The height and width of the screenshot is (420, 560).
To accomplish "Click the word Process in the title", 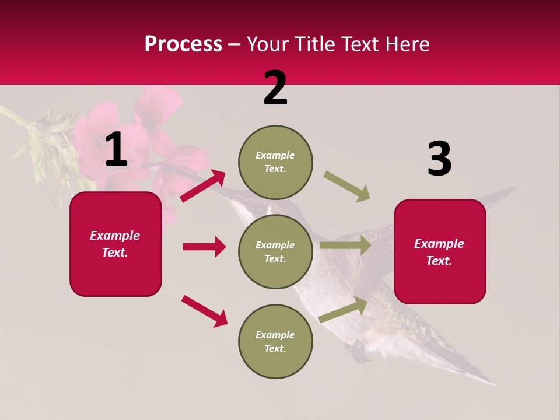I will click(183, 44).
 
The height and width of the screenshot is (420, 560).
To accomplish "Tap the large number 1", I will click(116, 150).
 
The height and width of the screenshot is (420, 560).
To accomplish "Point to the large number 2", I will click(275, 88).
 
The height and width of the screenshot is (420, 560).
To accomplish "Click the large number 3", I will click(439, 159).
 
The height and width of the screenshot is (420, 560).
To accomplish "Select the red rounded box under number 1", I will click(116, 244).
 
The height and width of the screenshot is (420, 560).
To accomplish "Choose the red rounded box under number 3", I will click(440, 252).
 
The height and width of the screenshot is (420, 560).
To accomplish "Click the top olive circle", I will click(275, 162).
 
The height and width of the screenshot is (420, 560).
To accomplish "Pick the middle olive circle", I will click(275, 251).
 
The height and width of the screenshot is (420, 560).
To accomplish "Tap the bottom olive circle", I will click(275, 341).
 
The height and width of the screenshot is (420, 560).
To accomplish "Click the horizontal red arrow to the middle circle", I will click(204, 247).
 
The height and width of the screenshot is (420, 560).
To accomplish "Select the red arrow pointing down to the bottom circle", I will click(204, 311).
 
